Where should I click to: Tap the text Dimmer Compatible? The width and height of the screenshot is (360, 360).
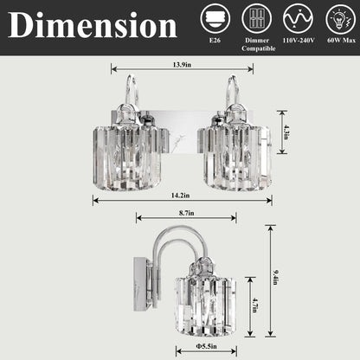[x=254, y=43]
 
